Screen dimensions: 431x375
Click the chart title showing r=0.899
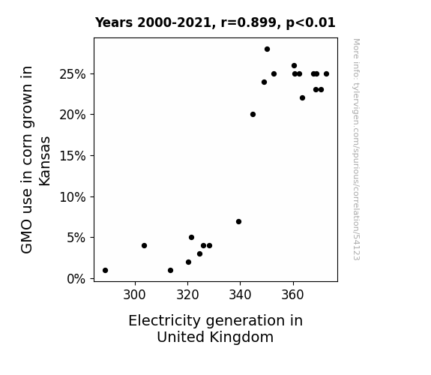pos(215,22)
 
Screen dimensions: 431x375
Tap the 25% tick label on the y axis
pos(73,74)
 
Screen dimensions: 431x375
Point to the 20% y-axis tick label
pos(73,115)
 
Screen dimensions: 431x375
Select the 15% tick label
pos(73,156)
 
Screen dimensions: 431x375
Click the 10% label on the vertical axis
pos(73,197)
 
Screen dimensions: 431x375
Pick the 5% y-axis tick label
pos(76,238)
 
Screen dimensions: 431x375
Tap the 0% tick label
pos(76,279)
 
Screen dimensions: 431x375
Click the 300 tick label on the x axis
pos(135,295)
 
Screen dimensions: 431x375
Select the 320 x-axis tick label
pos(187,295)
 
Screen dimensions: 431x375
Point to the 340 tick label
pos(241,295)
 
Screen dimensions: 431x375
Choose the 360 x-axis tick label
pos(293,295)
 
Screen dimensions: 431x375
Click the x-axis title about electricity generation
pos(216,328)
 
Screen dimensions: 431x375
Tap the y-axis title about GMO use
pos(35,160)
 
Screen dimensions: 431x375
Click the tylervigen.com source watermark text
pos(356,149)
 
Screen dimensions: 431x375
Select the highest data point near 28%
pos(267,49)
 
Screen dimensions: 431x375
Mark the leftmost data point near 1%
pos(105,271)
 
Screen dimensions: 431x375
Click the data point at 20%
pos(253,115)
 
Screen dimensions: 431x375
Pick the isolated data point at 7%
pos(238,222)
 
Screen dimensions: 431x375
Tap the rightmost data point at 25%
pos(326,74)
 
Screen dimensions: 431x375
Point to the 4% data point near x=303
pos(145,246)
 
